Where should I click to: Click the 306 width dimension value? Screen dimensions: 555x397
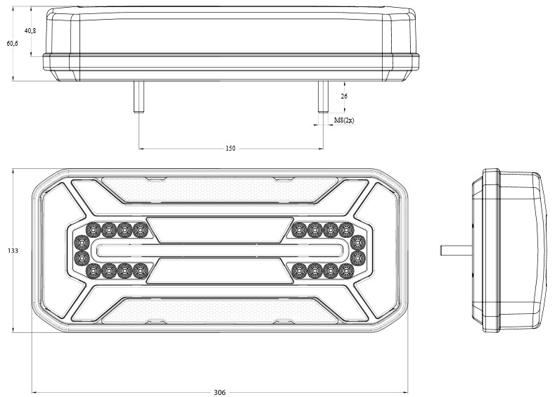[x=219, y=392]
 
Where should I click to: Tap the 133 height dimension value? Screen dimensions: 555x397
[x=13, y=251]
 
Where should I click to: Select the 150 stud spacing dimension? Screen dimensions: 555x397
[x=230, y=148]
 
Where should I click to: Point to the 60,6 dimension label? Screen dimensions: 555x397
[x=13, y=43]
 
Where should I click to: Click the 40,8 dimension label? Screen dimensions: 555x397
[x=30, y=30]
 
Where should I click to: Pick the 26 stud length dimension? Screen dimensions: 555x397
[x=344, y=96]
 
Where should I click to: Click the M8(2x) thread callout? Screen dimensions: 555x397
[x=344, y=120]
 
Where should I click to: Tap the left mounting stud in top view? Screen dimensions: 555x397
[x=139, y=96]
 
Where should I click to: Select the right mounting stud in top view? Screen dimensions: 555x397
[x=323, y=96]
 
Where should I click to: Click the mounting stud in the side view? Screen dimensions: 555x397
[x=456, y=251]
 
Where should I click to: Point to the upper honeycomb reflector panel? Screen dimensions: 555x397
[x=219, y=190]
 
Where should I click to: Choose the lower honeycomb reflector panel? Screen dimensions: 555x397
[x=219, y=310]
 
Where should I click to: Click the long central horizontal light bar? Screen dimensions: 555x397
[x=219, y=251]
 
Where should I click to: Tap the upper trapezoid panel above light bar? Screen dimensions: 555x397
[x=219, y=230]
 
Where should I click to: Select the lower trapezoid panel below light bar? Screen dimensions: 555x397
[x=219, y=271]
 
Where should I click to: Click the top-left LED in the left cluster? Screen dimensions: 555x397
[x=93, y=230]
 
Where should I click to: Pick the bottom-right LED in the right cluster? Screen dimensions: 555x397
[x=347, y=271]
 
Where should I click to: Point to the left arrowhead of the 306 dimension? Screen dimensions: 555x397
[x=34, y=392]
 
